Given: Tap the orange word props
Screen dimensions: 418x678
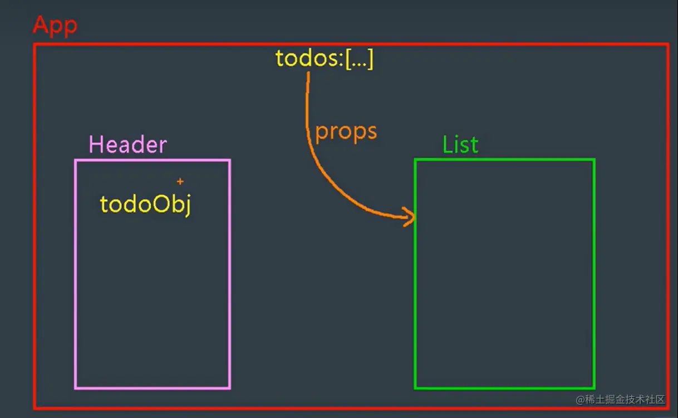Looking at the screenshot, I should click(346, 132).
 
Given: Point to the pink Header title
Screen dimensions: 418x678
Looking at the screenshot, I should click(127, 145).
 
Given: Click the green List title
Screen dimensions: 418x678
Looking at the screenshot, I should click(460, 145).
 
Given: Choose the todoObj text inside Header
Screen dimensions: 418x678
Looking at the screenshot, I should click(145, 205).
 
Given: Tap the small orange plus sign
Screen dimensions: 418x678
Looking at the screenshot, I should click(180, 181).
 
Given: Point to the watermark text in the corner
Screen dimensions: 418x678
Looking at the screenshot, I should click(621, 400).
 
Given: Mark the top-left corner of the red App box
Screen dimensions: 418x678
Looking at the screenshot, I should click(35, 45).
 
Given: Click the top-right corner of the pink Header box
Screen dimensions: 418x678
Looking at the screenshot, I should click(229, 160).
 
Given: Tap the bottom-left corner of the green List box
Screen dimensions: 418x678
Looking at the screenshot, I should click(415, 388).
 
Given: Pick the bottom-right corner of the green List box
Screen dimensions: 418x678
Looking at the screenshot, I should click(594, 388).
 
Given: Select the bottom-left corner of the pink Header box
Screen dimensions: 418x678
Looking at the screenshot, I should click(76, 388).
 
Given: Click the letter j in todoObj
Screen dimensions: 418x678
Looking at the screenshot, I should click(186, 206).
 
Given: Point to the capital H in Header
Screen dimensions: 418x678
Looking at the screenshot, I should click(96, 145).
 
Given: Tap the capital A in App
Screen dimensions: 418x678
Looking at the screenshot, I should click(41, 25).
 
